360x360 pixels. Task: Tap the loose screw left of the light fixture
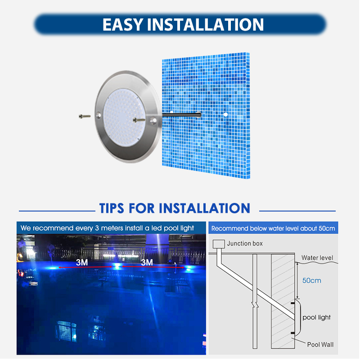pos(84,116)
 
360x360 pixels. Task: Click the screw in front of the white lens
pos(139,119)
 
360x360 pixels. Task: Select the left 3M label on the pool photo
pos(82,262)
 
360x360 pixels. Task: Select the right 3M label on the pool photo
pos(147,262)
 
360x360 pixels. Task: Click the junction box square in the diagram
pos(218,244)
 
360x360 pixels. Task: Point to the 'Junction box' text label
pos(245,243)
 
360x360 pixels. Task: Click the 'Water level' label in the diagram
pos(318,258)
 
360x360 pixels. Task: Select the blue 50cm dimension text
pos(311,280)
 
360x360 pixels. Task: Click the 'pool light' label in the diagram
pos(316,317)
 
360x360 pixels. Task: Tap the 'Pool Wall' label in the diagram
pos(320,345)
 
